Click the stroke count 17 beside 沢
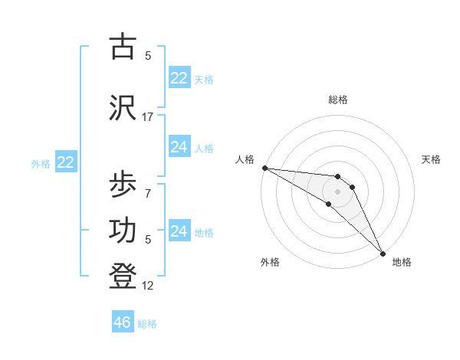coord(148,117)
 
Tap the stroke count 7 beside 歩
coord(148,193)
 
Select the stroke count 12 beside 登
coord(148,286)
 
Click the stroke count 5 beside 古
coord(148,55)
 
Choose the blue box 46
coord(123,322)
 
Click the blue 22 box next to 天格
coord(179,78)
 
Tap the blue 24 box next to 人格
coord(179,147)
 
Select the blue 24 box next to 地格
coord(179,231)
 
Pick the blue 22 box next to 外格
coord(66,162)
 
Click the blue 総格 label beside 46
coord(148,324)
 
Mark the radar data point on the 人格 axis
coord(264,167)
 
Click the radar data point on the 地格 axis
coord(382,252)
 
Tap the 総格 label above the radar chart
coord(338,100)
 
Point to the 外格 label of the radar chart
coord(270,262)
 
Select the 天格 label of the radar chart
coord(431,159)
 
